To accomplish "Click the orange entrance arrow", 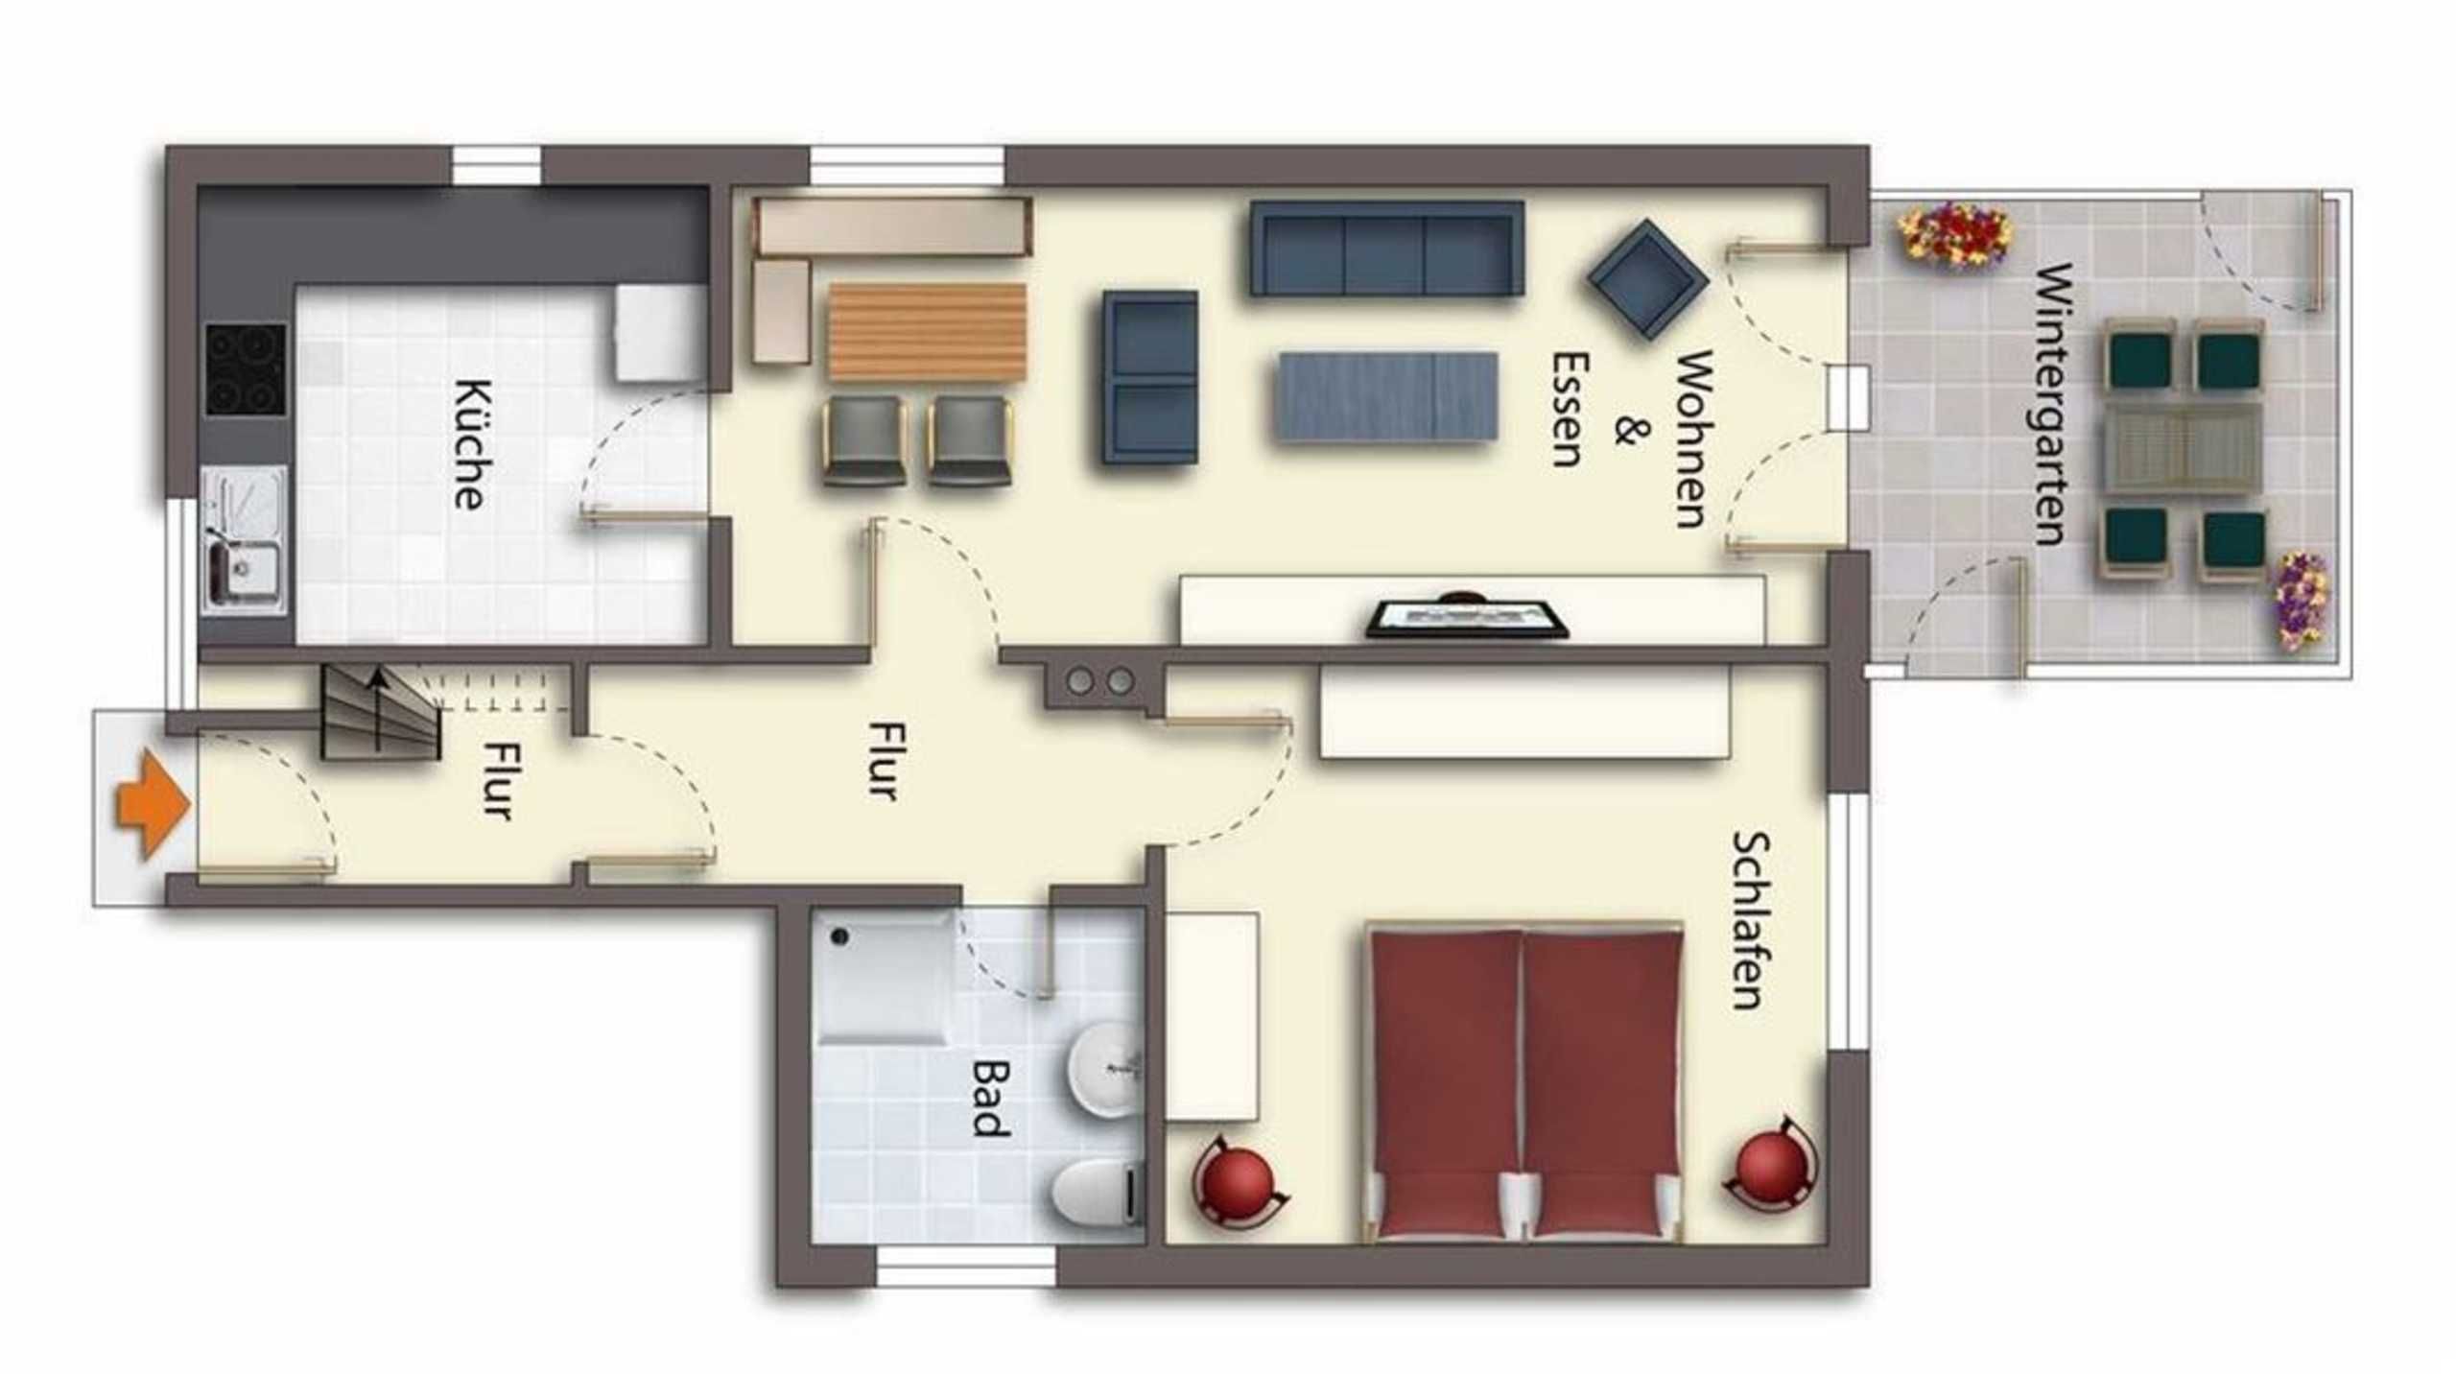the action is [x=152, y=804].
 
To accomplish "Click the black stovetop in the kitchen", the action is [x=246, y=369].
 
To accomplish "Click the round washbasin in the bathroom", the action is [x=1104, y=1068].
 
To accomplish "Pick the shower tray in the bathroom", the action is [x=884, y=977].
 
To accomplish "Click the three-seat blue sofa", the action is [x=1386, y=248].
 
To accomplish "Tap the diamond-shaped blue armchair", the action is [x=1647, y=278].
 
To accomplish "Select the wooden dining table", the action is [x=927, y=332].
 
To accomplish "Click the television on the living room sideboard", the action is [x=1466, y=617].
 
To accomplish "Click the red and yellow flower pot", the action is [x=1954, y=234].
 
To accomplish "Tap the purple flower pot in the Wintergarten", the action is [x=2300, y=601].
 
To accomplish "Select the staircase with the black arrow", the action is [x=380, y=713].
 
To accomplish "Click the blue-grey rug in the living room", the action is [x=1386, y=396].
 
